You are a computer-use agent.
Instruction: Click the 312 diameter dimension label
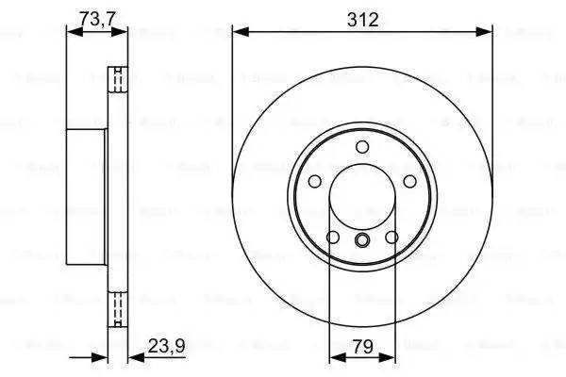coord(362,19)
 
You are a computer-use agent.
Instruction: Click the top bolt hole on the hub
coord(362,146)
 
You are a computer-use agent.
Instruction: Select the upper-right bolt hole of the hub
coord(409,181)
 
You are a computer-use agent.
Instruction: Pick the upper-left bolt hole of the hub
coord(316,181)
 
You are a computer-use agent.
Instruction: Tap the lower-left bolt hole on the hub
coord(333,237)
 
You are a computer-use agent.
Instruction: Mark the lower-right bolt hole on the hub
coord(391,237)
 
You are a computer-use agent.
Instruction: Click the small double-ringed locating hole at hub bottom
coord(362,242)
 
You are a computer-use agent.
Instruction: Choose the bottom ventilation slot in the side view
coord(119,309)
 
